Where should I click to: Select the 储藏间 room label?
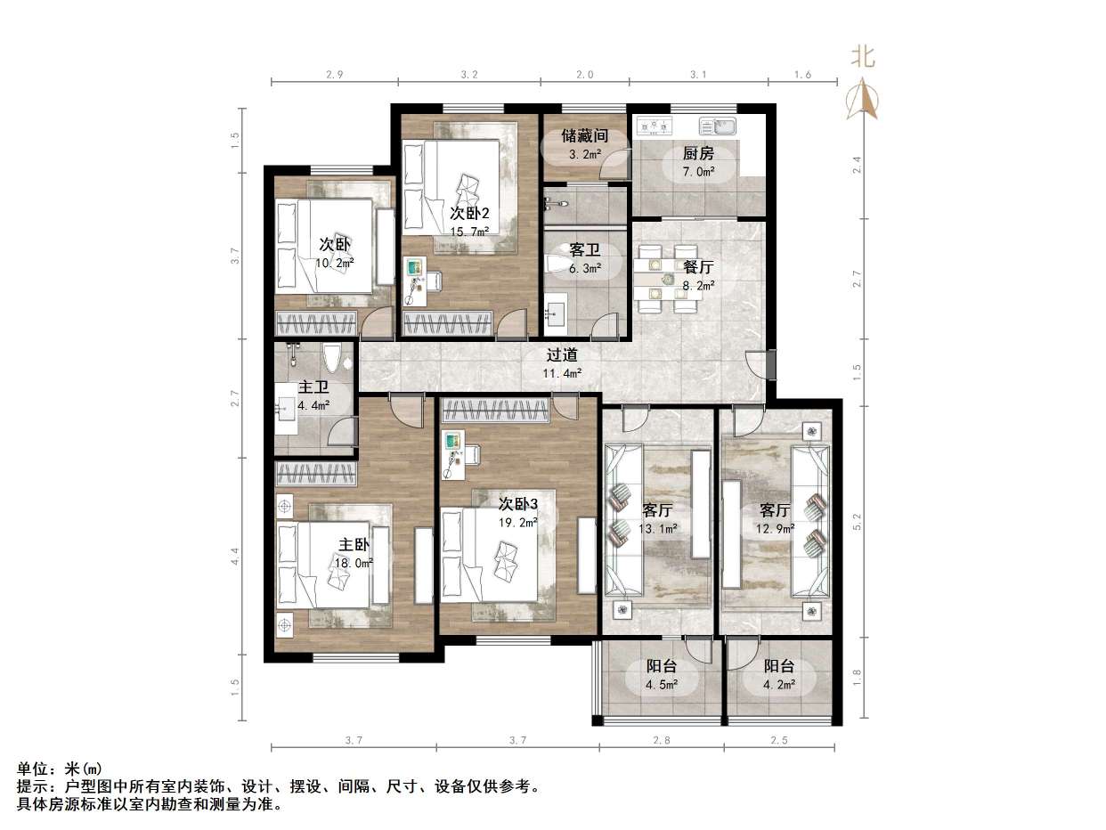[584, 136]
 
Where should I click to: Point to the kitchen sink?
[718, 126]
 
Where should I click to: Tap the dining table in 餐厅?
[668, 279]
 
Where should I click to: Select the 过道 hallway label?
[563, 354]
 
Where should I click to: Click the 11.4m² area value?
[563, 372]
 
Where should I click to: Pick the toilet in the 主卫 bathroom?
[331, 358]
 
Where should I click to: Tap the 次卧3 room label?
[517, 503]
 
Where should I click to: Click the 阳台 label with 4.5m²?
[661, 666]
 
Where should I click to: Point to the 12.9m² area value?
[776, 529]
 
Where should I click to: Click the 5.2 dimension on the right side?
[858, 522]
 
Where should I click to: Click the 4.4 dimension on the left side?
[235, 557]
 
